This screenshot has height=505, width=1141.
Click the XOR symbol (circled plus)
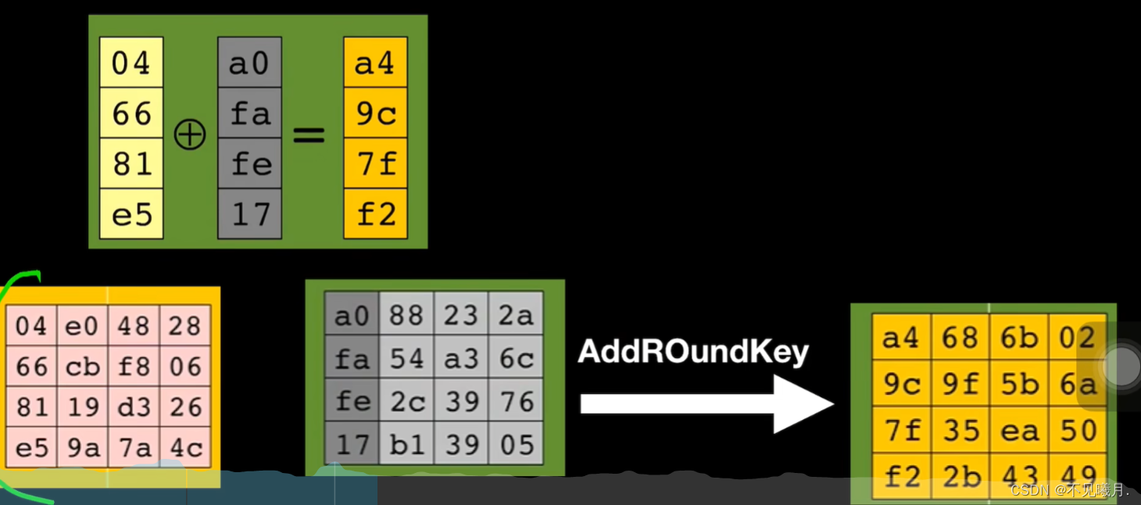point(190,135)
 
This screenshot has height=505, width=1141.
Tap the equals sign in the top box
point(309,135)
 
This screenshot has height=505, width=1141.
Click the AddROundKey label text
point(693,352)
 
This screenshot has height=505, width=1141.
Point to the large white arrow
point(706,403)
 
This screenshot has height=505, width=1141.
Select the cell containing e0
point(82,325)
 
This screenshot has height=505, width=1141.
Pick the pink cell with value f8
point(134,366)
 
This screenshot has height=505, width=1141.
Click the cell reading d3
point(134,407)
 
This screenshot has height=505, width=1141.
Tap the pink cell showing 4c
point(186,448)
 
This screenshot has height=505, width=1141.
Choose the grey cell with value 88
point(406,315)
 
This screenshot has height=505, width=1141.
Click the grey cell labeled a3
point(461,358)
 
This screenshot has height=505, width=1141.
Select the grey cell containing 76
point(515,401)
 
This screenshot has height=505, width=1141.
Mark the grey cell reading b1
point(406,444)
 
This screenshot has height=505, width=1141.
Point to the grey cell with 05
point(515,444)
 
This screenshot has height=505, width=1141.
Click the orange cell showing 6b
point(1019,338)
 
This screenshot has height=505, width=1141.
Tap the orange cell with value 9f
point(960,384)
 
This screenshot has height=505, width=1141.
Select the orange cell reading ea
point(1019,430)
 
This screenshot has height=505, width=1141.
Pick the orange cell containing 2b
point(960,474)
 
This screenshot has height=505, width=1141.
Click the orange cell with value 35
point(960,430)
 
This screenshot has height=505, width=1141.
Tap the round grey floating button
point(1121,366)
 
